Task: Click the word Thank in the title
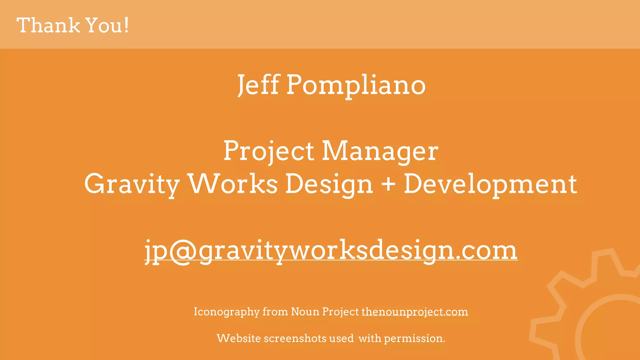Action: click(x=48, y=25)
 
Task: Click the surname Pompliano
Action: click(x=356, y=85)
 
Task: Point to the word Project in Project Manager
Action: click(x=269, y=152)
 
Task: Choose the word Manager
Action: click(x=380, y=152)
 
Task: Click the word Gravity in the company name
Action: click(x=132, y=184)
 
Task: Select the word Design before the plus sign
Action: click(x=329, y=184)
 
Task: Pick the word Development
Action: click(x=490, y=184)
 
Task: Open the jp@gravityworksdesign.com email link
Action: click(x=331, y=251)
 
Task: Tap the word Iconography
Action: click(x=227, y=312)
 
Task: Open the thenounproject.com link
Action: click(x=415, y=312)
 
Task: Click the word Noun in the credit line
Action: click(x=305, y=312)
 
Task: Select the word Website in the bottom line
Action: click(x=239, y=338)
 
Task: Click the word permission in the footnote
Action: click(x=414, y=338)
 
